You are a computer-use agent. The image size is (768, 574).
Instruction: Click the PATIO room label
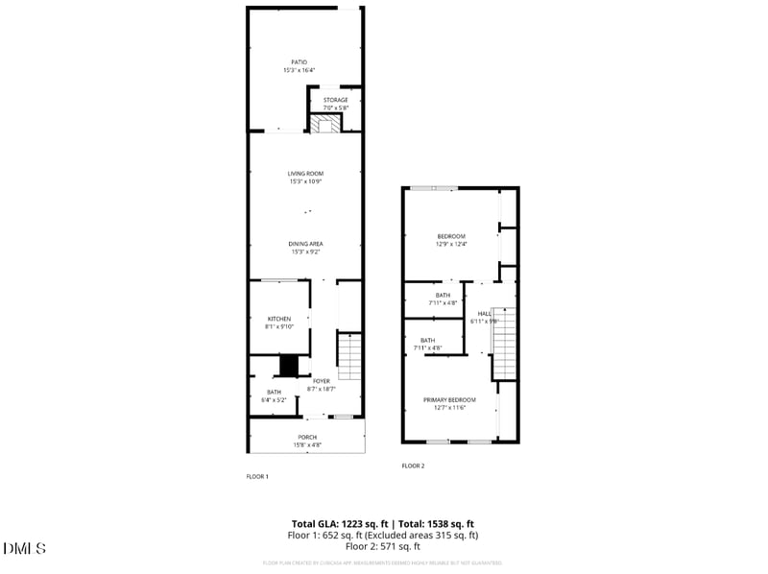pos(300,62)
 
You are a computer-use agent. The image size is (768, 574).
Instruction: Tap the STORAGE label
pos(335,100)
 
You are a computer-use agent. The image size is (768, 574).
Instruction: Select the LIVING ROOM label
pos(305,174)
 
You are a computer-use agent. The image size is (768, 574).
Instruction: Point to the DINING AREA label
pos(305,244)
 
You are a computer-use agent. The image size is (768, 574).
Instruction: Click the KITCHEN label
pos(278,319)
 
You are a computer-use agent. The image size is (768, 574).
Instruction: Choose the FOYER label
pos(320,381)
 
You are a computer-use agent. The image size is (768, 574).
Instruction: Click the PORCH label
pos(307,438)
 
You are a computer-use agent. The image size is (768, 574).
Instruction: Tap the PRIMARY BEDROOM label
pos(449,399)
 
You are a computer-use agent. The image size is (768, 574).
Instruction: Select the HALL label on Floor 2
pos(485,313)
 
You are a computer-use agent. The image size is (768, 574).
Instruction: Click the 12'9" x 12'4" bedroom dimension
pos(451,245)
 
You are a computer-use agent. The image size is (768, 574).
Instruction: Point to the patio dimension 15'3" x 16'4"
pos(300,70)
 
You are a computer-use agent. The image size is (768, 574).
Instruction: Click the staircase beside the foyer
pos(349,355)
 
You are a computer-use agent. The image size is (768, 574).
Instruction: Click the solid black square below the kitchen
pos(289,367)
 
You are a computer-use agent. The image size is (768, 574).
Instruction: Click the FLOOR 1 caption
pos(257,476)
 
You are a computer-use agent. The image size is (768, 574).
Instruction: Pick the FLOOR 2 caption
pos(413,466)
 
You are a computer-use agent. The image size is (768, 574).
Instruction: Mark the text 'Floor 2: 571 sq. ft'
pos(383,546)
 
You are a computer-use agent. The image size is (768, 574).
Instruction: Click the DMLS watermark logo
pos(25,548)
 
